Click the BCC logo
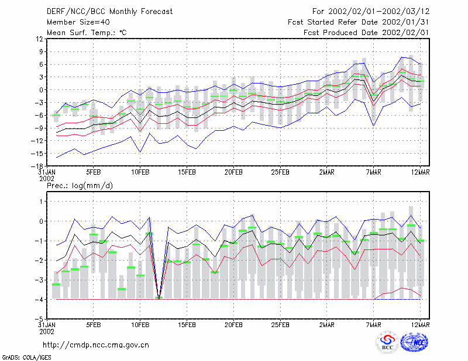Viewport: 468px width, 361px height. click(387, 342)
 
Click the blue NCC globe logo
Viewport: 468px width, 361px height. click(414, 342)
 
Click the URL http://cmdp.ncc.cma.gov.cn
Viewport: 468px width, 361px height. click(96, 345)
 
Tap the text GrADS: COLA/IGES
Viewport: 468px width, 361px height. click(26, 357)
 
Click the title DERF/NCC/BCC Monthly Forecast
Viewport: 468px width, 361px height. click(109, 12)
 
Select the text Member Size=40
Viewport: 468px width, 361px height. click(78, 22)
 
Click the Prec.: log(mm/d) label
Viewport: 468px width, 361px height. click(80, 186)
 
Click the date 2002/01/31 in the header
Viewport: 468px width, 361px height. click(405, 22)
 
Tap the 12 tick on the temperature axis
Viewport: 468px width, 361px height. click(39, 39)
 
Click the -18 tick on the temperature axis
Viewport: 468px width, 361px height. click(37, 166)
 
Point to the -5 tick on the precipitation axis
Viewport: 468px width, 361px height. click(39, 320)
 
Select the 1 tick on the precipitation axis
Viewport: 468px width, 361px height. click(42, 202)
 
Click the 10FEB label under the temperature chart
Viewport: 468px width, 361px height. click(140, 172)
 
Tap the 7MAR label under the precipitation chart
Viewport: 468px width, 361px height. click(373, 325)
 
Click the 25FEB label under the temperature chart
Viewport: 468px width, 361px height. click(280, 172)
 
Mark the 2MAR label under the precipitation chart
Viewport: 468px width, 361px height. click(327, 325)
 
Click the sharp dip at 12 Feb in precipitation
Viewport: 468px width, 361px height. click(159, 298)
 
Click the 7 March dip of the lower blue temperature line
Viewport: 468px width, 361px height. click(373, 126)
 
